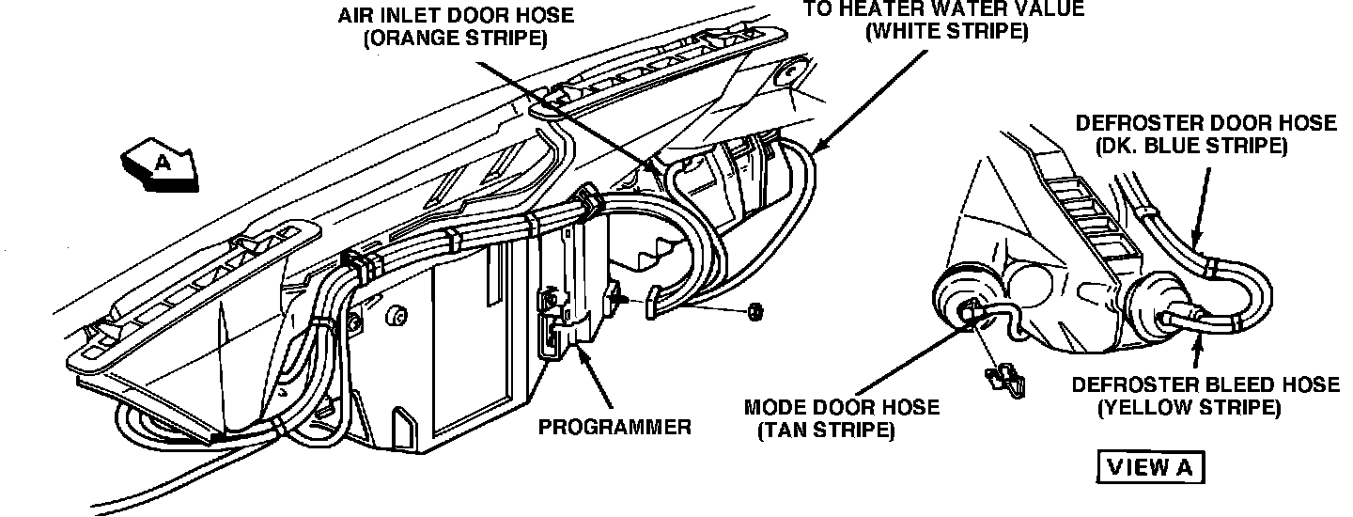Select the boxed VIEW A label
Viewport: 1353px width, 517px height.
pos(1149,467)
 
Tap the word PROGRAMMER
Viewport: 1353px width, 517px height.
pos(614,427)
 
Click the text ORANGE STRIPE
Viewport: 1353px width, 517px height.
pos(458,39)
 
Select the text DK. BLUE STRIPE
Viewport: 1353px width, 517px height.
pos(1190,147)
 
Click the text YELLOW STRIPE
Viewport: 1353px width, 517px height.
pos(1189,408)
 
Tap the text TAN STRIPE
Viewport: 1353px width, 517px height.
pos(825,431)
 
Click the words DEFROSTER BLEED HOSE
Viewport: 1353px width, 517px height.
pos(1205,385)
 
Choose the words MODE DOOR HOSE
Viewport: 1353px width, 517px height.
pos(841,408)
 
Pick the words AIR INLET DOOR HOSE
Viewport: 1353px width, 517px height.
pos(457,17)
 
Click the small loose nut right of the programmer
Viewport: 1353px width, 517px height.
pos(754,311)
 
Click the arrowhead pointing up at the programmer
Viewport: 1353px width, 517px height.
pos(580,352)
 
